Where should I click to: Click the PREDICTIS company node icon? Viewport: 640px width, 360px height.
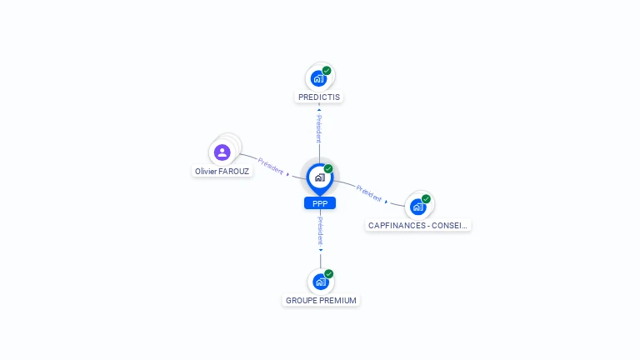tap(317, 79)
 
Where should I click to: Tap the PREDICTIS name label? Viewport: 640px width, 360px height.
tap(320, 97)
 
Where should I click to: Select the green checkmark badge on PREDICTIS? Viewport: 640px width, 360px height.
tap(327, 71)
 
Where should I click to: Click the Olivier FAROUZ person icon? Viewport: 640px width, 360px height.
tap(222, 152)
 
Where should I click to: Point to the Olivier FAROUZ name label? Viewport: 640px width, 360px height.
tap(222, 172)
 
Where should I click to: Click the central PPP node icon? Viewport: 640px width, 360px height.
tap(319, 177)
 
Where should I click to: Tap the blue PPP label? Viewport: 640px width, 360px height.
tap(320, 203)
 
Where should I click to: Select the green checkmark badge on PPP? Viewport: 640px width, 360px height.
tap(328, 169)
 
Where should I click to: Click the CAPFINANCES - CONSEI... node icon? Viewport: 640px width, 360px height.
tap(417, 207)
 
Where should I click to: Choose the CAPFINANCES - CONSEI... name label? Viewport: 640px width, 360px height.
tap(418, 225)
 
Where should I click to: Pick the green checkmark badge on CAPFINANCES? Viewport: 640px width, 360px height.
tap(426, 199)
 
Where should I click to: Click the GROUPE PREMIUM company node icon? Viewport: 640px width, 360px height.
tap(320, 282)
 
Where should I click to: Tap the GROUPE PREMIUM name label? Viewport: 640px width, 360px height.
tap(321, 301)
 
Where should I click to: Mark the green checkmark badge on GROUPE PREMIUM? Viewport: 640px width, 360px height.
tap(329, 274)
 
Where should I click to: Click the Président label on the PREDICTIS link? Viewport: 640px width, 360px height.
tap(319, 129)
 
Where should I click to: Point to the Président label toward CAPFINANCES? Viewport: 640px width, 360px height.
tap(368, 192)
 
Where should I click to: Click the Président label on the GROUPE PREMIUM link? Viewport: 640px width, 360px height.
tap(320, 230)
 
